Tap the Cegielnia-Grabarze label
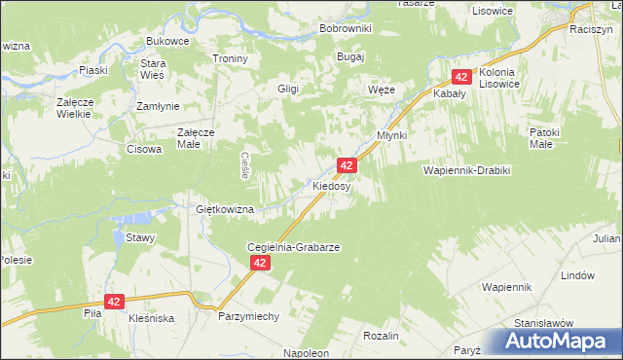(x=293, y=247)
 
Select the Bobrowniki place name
(x=346, y=28)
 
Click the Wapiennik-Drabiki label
(x=466, y=170)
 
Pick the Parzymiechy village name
(x=248, y=317)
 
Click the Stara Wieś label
(x=154, y=69)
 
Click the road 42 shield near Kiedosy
(x=347, y=166)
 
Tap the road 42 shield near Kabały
(x=462, y=77)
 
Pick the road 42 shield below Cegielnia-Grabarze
(x=259, y=264)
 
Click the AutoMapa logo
(x=557, y=341)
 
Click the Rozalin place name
(x=381, y=335)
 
